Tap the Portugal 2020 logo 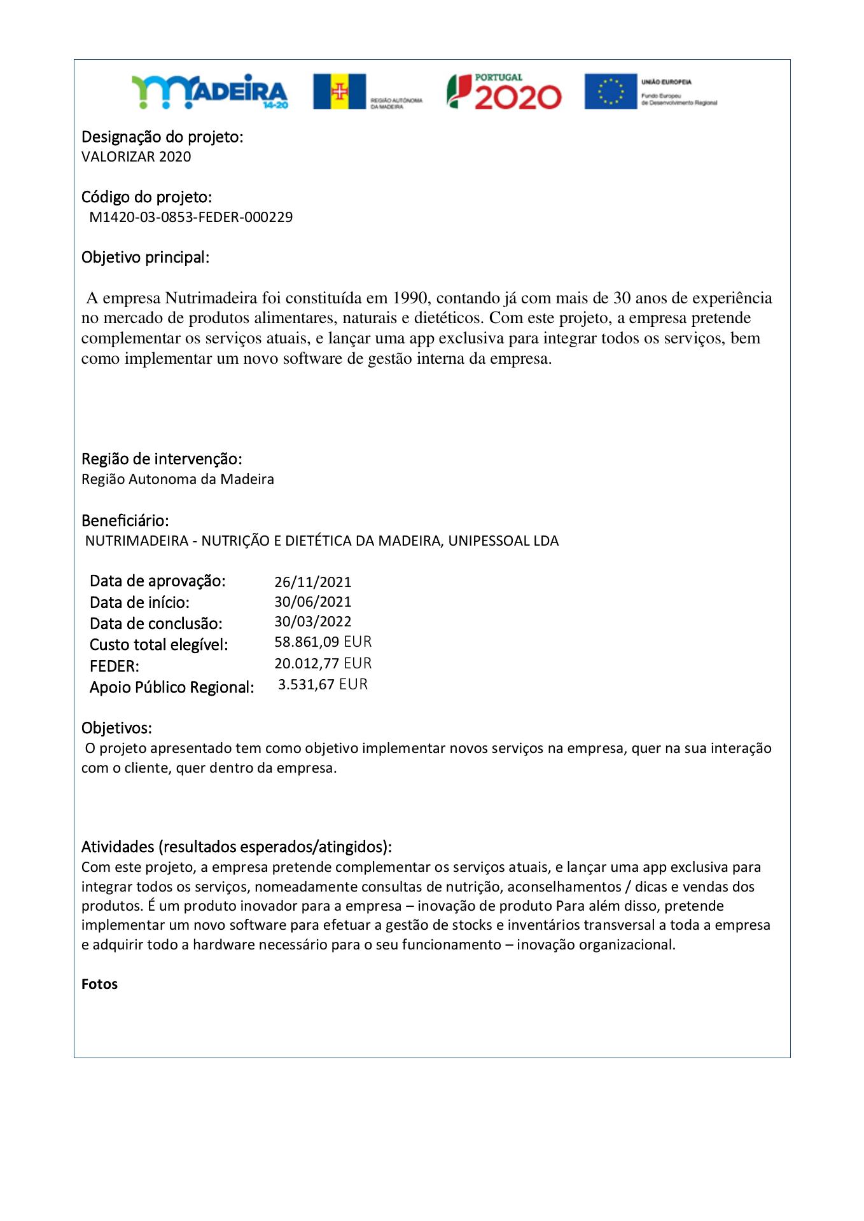(x=504, y=92)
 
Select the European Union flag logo (x=611, y=92)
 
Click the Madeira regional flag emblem (x=339, y=92)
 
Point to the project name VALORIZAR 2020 (x=136, y=157)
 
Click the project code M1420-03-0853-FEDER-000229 (x=191, y=217)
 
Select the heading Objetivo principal (x=145, y=258)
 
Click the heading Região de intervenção (x=162, y=459)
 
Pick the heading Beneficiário (x=125, y=521)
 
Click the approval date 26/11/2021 (x=312, y=582)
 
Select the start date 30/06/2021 (x=312, y=602)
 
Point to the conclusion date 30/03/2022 (x=312, y=621)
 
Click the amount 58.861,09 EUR (x=323, y=642)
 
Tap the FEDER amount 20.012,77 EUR (x=323, y=663)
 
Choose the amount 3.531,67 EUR (x=323, y=685)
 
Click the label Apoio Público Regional (x=172, y=687)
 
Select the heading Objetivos (x=116, y=728)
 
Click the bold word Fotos (x=100, y=984)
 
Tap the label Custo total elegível (x=158, y=645)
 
